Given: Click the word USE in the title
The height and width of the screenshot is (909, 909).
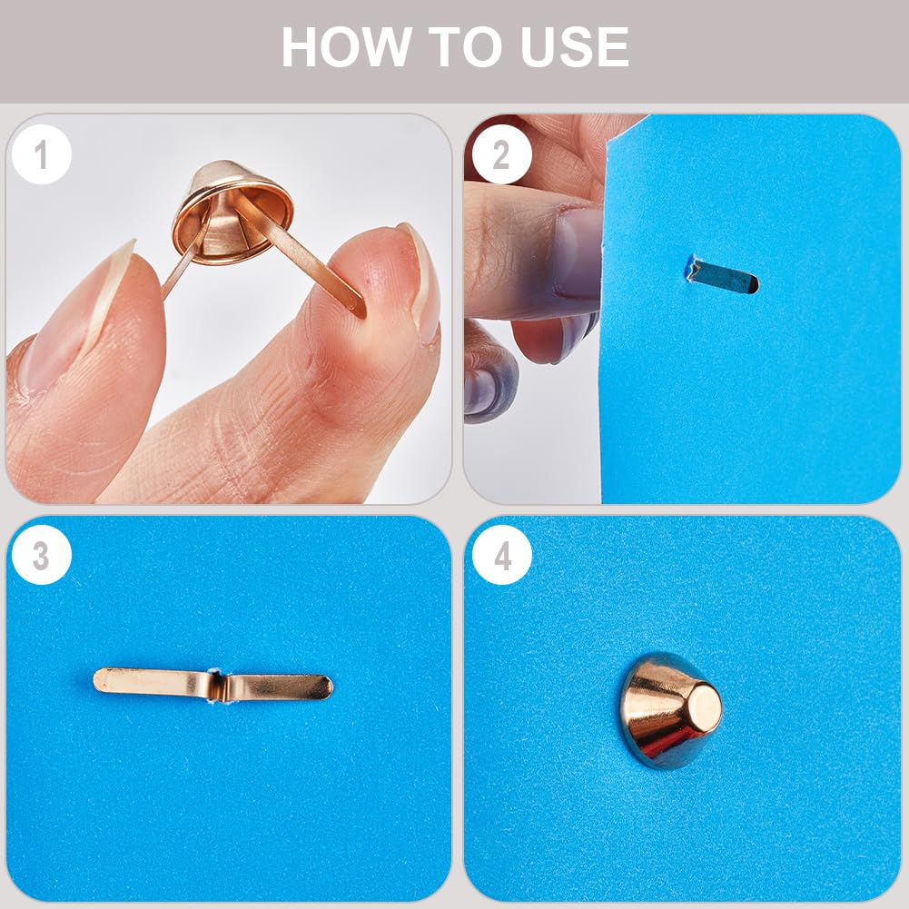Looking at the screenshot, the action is [575, 47].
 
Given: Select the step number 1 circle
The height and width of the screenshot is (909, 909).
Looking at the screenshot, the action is [41, 154].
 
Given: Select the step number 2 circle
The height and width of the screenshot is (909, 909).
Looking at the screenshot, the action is [501, 154].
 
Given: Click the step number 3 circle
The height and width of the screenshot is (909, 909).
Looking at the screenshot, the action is [41, 555].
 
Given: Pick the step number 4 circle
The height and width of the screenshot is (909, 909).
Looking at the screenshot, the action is [501, 555].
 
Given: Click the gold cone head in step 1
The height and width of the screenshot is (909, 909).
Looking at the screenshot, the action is [232, 212].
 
